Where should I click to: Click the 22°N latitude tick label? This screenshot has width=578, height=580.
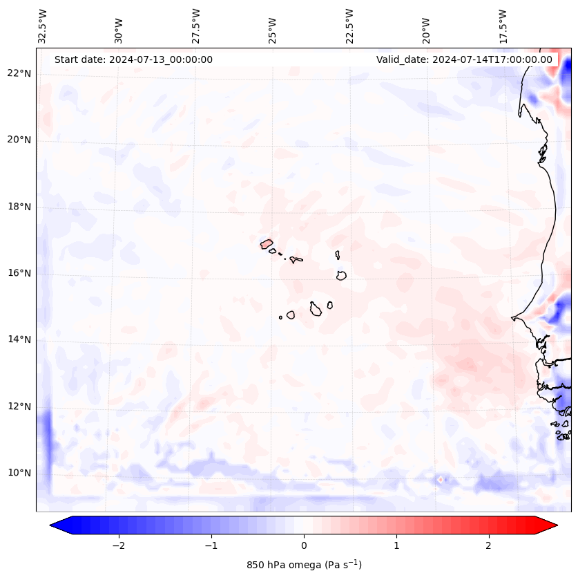(19, 73)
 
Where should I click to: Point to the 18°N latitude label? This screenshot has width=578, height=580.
(19, 207)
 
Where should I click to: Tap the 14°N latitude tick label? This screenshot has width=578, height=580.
(19, 339)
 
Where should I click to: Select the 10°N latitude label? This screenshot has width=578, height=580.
(19, 473)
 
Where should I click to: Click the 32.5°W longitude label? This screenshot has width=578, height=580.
(43, 26)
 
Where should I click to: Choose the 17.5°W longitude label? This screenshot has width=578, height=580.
(503, 26)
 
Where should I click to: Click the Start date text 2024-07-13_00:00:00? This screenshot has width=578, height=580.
(133, 59)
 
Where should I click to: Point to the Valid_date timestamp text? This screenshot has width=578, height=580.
(464, 59)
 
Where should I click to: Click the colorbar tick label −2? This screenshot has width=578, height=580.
(118, 545)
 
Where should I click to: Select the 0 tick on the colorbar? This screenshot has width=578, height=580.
(304, 545)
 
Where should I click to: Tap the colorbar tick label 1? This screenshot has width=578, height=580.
(396, 545)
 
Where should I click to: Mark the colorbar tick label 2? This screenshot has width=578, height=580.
(489, 545)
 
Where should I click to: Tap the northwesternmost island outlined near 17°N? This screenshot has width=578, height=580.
(267, 243)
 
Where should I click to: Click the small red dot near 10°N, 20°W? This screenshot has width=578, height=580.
(441, 479)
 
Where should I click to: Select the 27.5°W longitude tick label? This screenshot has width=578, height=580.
(195, 26)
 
